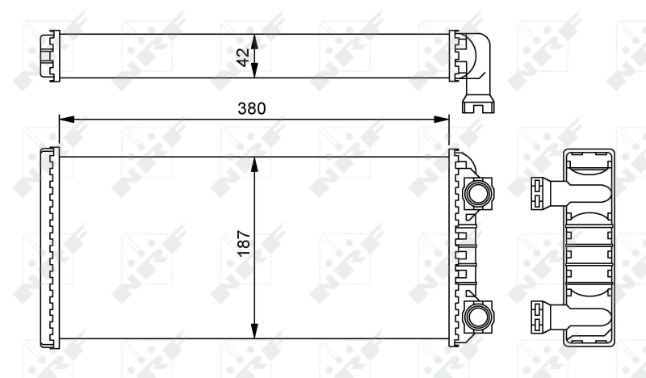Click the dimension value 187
(x=244, y=243)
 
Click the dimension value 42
(x=241, y=56)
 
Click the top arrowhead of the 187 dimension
(x=254, y=162)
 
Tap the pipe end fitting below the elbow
(x=478, y=104)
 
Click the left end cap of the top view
(x=50, y=56)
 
